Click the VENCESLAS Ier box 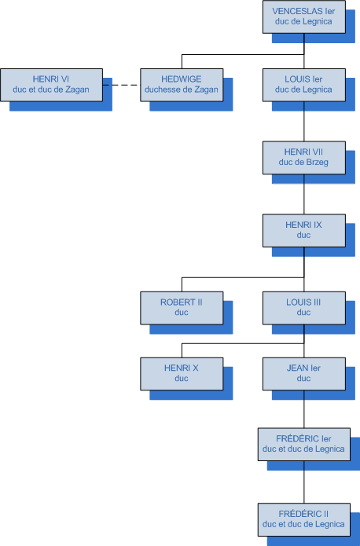[x=304, y=16]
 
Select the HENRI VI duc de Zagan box [x=52, y=85]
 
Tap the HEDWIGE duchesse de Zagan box [x=182, y=85]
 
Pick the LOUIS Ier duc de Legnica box [x=304, y=85]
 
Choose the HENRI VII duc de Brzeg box [x=304, y=158]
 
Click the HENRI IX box [x=304, y=230]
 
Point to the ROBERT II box [x=182, y=308]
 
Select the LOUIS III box [x=304, y=308]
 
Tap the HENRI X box [x=182, y=374]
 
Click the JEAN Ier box [x=304, y=374]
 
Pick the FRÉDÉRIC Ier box [x=304, y=445]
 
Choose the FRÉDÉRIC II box [x=304, y=519]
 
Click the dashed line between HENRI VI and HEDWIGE [x=122, y=85]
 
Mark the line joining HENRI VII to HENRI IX [x=304, y=194]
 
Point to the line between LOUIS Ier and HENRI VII [x=304, y=122]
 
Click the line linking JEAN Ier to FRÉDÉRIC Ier [x=304, y=409]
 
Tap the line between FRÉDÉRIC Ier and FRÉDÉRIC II [x=304, y=482]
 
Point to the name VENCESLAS [x=297, y=11]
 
